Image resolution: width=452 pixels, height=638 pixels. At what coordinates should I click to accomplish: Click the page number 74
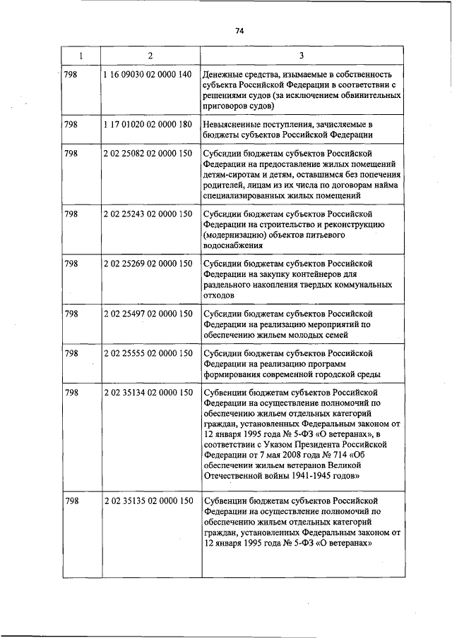pos(239,31)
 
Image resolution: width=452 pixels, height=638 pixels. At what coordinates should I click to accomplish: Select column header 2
pos(150,54)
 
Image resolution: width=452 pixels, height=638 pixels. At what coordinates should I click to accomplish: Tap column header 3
pos(301,54)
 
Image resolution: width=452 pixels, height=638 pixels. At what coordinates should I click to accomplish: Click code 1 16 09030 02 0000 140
pos(148,74)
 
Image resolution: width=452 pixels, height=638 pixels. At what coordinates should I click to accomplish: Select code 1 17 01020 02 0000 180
pos(148,124)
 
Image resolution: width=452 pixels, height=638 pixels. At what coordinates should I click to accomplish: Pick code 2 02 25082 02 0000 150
pos(148,154)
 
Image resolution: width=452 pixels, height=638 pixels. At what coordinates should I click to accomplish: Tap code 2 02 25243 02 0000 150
pos(148,214)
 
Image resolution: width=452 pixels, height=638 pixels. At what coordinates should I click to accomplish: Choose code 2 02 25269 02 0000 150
pos(148,264)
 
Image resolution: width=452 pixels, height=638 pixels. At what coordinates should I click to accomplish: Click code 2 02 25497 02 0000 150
pos(148,314)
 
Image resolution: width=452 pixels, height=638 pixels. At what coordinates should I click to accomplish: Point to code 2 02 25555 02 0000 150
pos(148,353)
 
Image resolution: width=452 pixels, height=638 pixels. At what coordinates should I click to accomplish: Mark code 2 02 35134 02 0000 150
pos(148,392)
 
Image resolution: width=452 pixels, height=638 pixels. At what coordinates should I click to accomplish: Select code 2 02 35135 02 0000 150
pos(148,501)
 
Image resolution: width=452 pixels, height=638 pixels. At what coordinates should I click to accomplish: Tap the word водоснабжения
pos(233,246)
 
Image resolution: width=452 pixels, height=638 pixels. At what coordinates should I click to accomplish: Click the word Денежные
pos(222,74)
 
